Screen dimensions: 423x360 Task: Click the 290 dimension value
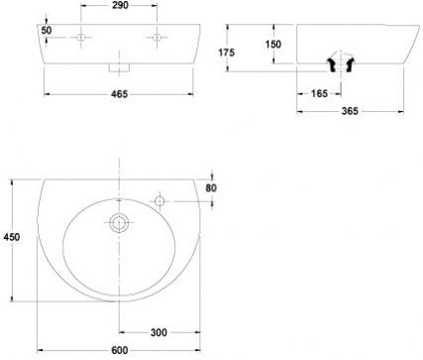pos(120,5)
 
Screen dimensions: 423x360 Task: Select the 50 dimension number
pos(47,30)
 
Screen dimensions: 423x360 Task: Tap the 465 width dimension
pos(119,94)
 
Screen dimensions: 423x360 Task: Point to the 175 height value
pos(227,53)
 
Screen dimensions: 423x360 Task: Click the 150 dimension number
pos(273,44)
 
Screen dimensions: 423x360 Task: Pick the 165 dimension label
pos(319,93)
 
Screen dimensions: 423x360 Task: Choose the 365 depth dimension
pos(350,111)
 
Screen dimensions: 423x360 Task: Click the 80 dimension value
pos(211,187)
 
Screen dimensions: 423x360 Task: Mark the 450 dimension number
pos(12,237)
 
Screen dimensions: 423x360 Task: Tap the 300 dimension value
pos(159,332)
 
